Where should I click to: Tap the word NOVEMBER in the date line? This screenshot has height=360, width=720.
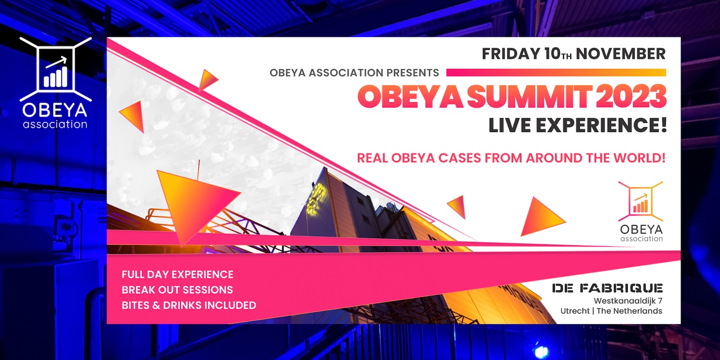(x=621, y=53)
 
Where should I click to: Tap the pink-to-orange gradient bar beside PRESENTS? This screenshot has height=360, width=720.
(x=556, y=72)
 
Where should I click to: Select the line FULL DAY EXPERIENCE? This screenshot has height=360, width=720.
(x=178, y=275)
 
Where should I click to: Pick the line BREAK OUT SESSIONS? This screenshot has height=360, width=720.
(x=177, y=290)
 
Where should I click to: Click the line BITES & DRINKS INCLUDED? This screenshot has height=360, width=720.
(x=189, y=305)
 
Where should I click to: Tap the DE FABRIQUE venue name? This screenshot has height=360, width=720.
(x=607, y=288)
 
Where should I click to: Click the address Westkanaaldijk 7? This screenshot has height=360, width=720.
(x=628, y=301)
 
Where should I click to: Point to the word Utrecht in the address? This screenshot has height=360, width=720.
(x=575, y=311)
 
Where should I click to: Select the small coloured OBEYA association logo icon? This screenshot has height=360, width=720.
(x=640, y=201)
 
